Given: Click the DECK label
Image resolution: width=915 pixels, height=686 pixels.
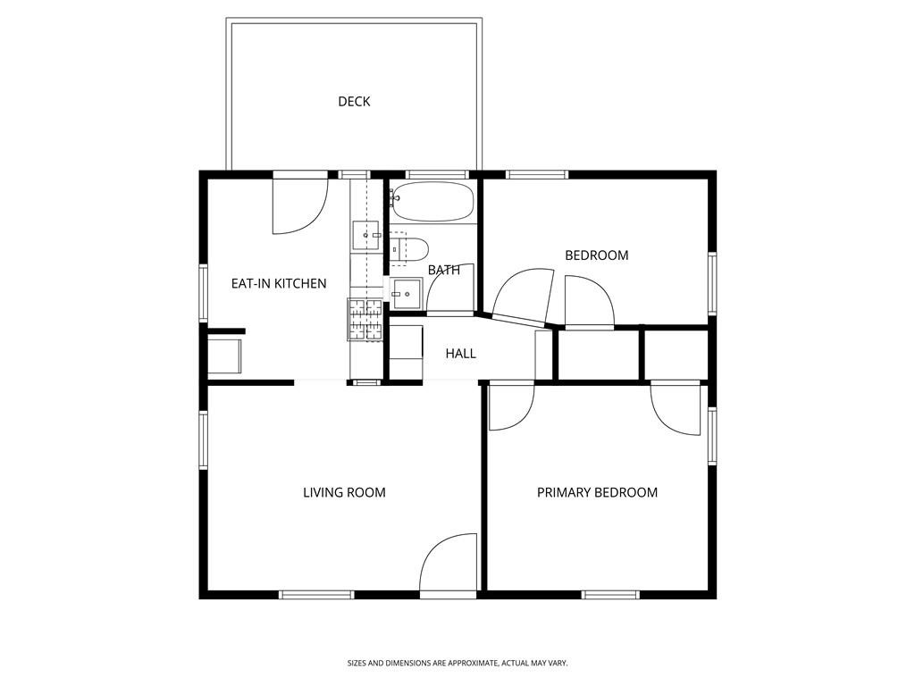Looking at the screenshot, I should [x=354, y=102].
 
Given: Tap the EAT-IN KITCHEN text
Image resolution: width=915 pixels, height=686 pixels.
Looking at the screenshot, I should [x=279, y=284].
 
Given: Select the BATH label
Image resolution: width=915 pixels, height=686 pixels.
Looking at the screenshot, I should [x=443, y=270].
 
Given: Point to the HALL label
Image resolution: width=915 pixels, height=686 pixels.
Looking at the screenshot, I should [x=461, y=354].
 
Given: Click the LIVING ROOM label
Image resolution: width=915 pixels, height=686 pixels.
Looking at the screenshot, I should [x=344, y=492].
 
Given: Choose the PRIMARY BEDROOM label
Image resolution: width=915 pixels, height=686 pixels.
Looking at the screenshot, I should [x=597, y=492].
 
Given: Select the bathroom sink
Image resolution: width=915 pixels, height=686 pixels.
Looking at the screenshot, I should [x=407, y=292].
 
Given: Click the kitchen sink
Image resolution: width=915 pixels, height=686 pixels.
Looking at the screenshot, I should [x=366, y=235].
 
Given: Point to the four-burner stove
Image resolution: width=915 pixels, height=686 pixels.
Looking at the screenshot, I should [x=365, y=320].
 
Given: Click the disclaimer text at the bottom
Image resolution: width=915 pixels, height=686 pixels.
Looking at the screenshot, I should [x=457, y=663].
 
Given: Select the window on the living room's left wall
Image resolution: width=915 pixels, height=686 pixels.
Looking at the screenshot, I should [x=204, y=440].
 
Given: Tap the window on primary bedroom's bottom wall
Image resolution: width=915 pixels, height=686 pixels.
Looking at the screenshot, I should [x=610, y=594].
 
